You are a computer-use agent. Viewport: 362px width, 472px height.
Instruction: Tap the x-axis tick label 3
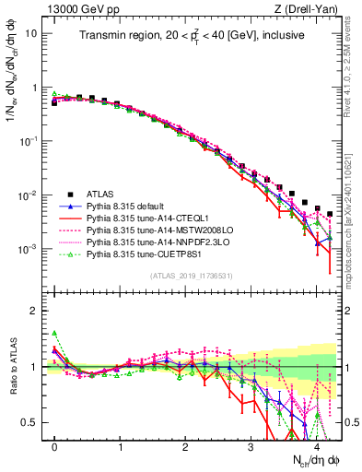(x=251, y=446)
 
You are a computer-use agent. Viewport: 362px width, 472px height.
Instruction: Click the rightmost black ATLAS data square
(x=330, y=214)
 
